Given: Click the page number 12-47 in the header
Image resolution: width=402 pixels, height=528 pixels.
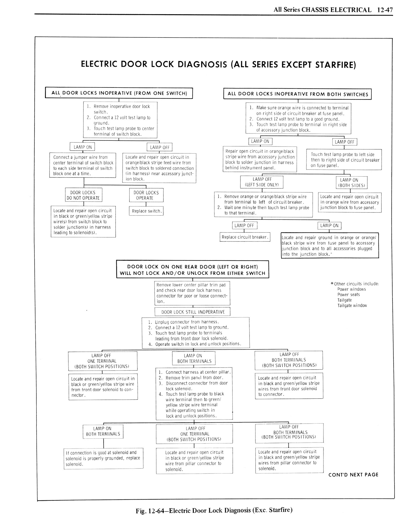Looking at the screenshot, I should (x=385, y=10).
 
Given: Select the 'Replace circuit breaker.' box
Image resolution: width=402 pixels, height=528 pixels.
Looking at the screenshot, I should (x=245, y=237).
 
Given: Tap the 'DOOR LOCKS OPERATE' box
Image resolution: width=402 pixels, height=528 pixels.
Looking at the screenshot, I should (x=146, y=195).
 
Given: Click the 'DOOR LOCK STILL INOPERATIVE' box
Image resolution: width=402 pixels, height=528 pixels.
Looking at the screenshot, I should (x=193, y=312).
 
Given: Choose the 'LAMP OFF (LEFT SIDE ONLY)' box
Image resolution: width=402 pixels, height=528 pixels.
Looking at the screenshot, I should (x=262, y=182).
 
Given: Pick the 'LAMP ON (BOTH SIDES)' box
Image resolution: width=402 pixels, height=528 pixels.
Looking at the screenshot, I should (x=351, y=183).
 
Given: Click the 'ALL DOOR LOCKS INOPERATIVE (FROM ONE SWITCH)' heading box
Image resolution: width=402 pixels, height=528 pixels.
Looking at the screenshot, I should (x=119, y=93).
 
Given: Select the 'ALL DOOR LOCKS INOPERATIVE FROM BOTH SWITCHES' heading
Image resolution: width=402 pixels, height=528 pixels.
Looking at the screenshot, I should (x=297, y=94).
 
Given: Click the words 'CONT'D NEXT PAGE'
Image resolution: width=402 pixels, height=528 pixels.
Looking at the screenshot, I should (x=353, y=475).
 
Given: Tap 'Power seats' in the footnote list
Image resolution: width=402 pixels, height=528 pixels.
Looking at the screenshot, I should (x=348, y=294).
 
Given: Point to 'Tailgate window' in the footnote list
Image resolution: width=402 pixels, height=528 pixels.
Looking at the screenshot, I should (x=352, y=305).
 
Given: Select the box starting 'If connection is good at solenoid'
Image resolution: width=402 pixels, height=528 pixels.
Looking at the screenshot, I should (x=103, y=458).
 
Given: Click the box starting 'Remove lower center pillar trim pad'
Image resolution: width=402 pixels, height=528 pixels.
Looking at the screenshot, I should (x=192, y=293).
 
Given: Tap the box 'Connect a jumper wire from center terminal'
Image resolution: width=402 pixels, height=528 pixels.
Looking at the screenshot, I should (x=83, y=165).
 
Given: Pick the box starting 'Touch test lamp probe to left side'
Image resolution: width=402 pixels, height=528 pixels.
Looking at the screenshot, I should (x=344, y=160).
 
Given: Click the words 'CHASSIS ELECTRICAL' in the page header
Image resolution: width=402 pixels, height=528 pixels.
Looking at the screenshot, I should (x=336, y=10).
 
